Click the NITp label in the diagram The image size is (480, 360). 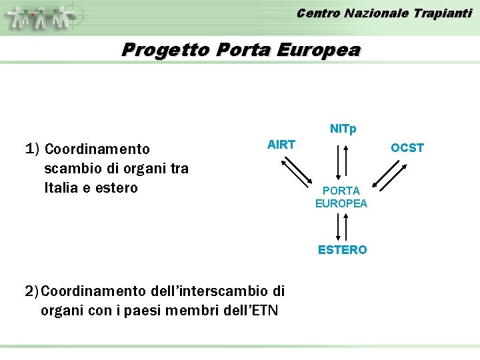(x=343, y=129)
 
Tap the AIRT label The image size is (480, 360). (x=281, y=144)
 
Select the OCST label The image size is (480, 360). (x=407, y=148)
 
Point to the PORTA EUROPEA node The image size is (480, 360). (x=341, y=197)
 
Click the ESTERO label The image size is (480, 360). (x=342, y=250)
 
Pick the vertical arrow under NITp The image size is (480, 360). (x=341, y=160)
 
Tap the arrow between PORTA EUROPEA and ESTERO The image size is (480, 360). (x=340, y=226)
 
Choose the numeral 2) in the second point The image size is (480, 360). (x=32, y=291)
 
